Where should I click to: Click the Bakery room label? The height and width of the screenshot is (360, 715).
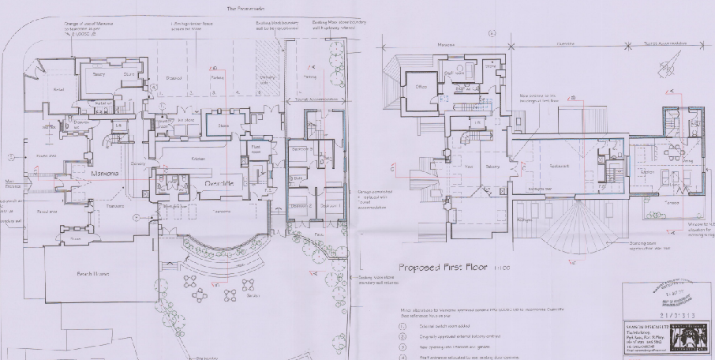pyautogui.click(x=99, y=73)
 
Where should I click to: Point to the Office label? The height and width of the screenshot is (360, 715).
pyautogui.click(x=421, y=88)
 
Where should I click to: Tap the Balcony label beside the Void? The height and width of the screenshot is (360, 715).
pyautogui.click(x=492, y=167)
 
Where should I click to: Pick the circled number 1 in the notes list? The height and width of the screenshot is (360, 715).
pyautogui.click(x=402, y=325)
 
